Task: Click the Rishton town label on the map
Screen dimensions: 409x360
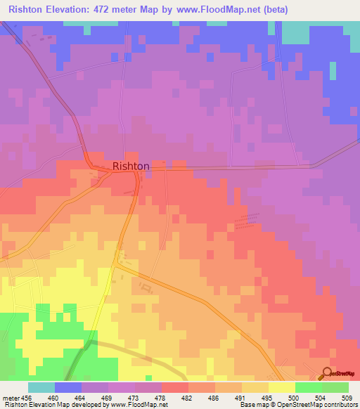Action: (131, 167)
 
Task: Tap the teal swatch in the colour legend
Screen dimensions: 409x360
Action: (41, 387)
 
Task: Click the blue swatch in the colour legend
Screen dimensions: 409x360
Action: (68, 387)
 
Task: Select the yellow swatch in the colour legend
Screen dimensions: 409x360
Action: (281, 387)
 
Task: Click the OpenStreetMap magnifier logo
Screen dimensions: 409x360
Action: (327, 373)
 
